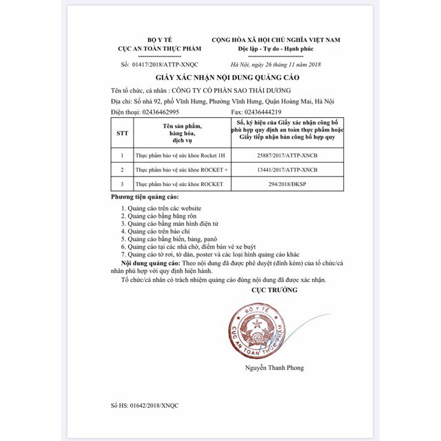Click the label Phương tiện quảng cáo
point(143,197)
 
